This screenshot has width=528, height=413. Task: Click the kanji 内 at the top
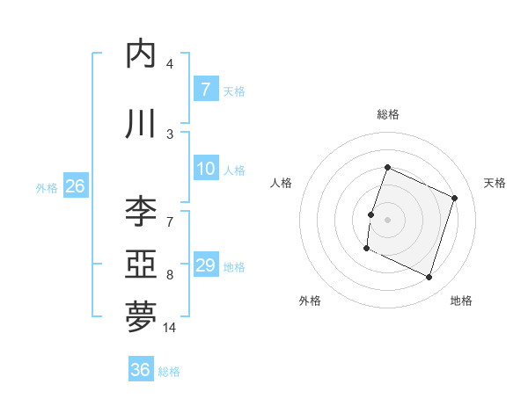142,54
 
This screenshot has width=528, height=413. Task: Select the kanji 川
142,124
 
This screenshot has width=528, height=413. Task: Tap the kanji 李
142,211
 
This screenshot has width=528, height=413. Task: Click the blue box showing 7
206,90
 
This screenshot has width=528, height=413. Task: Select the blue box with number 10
206,169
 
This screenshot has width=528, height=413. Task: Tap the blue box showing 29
206,265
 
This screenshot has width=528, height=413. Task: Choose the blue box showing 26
75,186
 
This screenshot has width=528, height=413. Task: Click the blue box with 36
140,370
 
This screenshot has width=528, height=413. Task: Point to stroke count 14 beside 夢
170,328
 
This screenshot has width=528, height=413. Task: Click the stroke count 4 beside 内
170,64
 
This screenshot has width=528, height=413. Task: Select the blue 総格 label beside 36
169,372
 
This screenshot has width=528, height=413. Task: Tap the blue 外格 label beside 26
46,188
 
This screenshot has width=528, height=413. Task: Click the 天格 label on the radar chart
495,183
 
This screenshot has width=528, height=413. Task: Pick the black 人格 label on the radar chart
281,183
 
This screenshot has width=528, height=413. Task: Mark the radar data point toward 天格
455,198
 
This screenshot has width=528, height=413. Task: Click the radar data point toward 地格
429,278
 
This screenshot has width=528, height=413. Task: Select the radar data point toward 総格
387,168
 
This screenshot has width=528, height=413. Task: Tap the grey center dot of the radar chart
387,220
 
